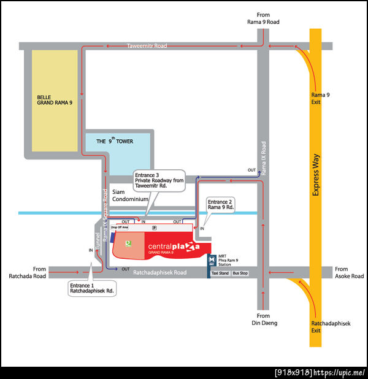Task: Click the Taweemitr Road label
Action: [x=147, y=46]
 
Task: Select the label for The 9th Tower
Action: [x=115, y=141]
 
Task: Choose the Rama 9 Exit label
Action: [x=320, y=98]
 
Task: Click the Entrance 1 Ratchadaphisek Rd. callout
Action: [x=91, y=288]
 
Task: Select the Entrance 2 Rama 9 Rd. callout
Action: [x=221, y=205]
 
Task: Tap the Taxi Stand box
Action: [x=220, y=272]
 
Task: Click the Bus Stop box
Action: [x=240, y=272]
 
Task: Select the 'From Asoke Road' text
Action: [x=350, y=272]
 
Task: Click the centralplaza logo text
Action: [x=174, y=247]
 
